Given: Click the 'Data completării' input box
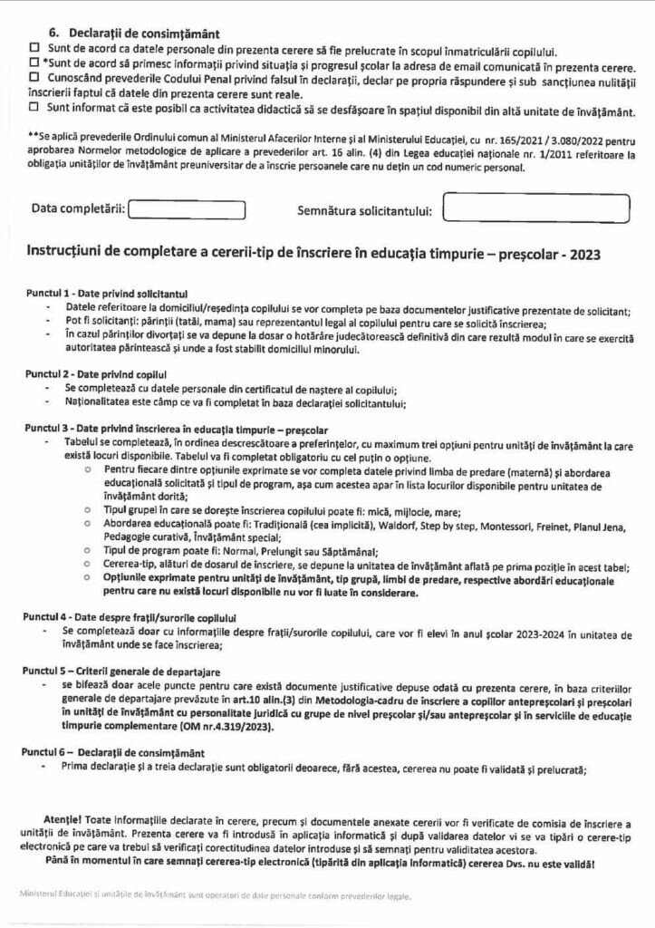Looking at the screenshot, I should tap(188, 209).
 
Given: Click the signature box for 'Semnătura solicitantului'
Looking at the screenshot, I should tap(536, 208).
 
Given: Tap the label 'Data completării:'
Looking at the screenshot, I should tap(78, 209).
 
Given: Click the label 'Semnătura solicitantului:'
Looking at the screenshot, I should tap(363, 211).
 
